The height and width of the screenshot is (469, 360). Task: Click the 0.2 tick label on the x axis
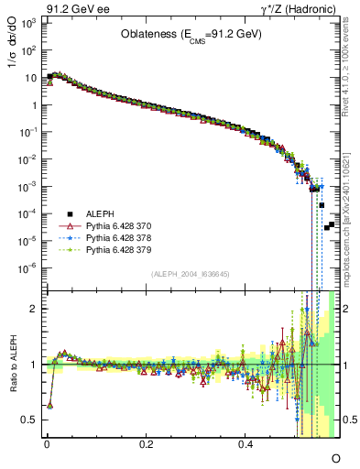click(146, 443)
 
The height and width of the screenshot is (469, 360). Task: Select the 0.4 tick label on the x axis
click(245, 443)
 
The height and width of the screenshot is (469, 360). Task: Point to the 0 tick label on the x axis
click(47, 443)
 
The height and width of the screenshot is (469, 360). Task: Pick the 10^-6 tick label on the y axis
click(29, 267)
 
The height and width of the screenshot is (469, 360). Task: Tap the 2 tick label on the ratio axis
click(34, 309)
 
